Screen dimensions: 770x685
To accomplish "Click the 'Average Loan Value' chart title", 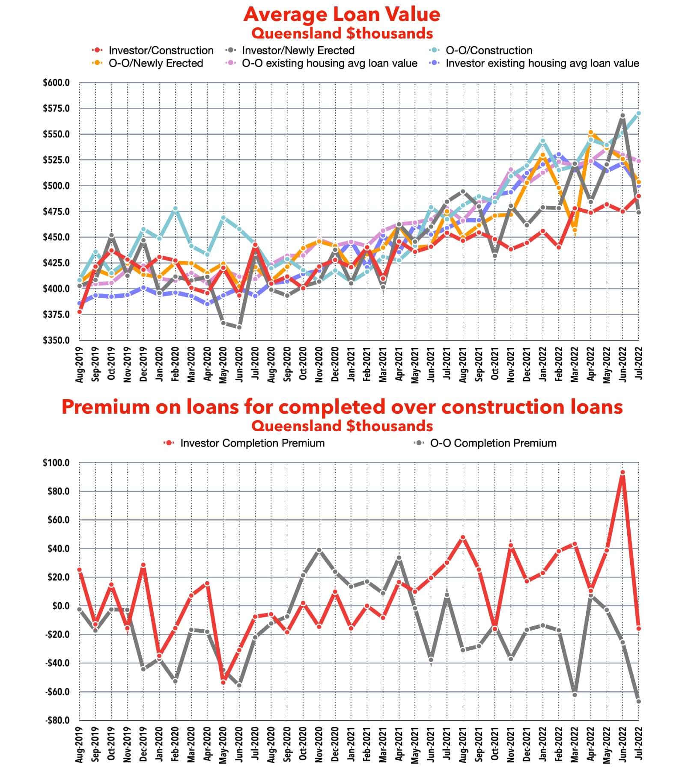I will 342,14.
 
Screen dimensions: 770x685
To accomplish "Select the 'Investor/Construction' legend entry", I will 161,50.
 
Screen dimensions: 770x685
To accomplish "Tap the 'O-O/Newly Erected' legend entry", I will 155,63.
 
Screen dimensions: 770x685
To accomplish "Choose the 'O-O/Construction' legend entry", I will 489,50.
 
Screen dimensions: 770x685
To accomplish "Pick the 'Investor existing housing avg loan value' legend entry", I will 542,63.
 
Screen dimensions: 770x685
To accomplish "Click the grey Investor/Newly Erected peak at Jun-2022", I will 622,116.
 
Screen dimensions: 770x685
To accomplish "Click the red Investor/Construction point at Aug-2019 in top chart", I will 80,312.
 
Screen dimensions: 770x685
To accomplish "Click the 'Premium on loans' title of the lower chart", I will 342,407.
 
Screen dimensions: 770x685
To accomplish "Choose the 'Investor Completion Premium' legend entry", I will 252,443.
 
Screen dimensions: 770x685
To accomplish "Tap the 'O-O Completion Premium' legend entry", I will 493,443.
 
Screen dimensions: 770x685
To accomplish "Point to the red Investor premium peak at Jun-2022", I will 622,473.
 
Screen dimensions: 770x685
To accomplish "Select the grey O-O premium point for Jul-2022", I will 638,702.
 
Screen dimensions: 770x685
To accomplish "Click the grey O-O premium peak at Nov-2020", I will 319,550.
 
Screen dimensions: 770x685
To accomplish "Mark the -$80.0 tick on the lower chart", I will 57,720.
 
